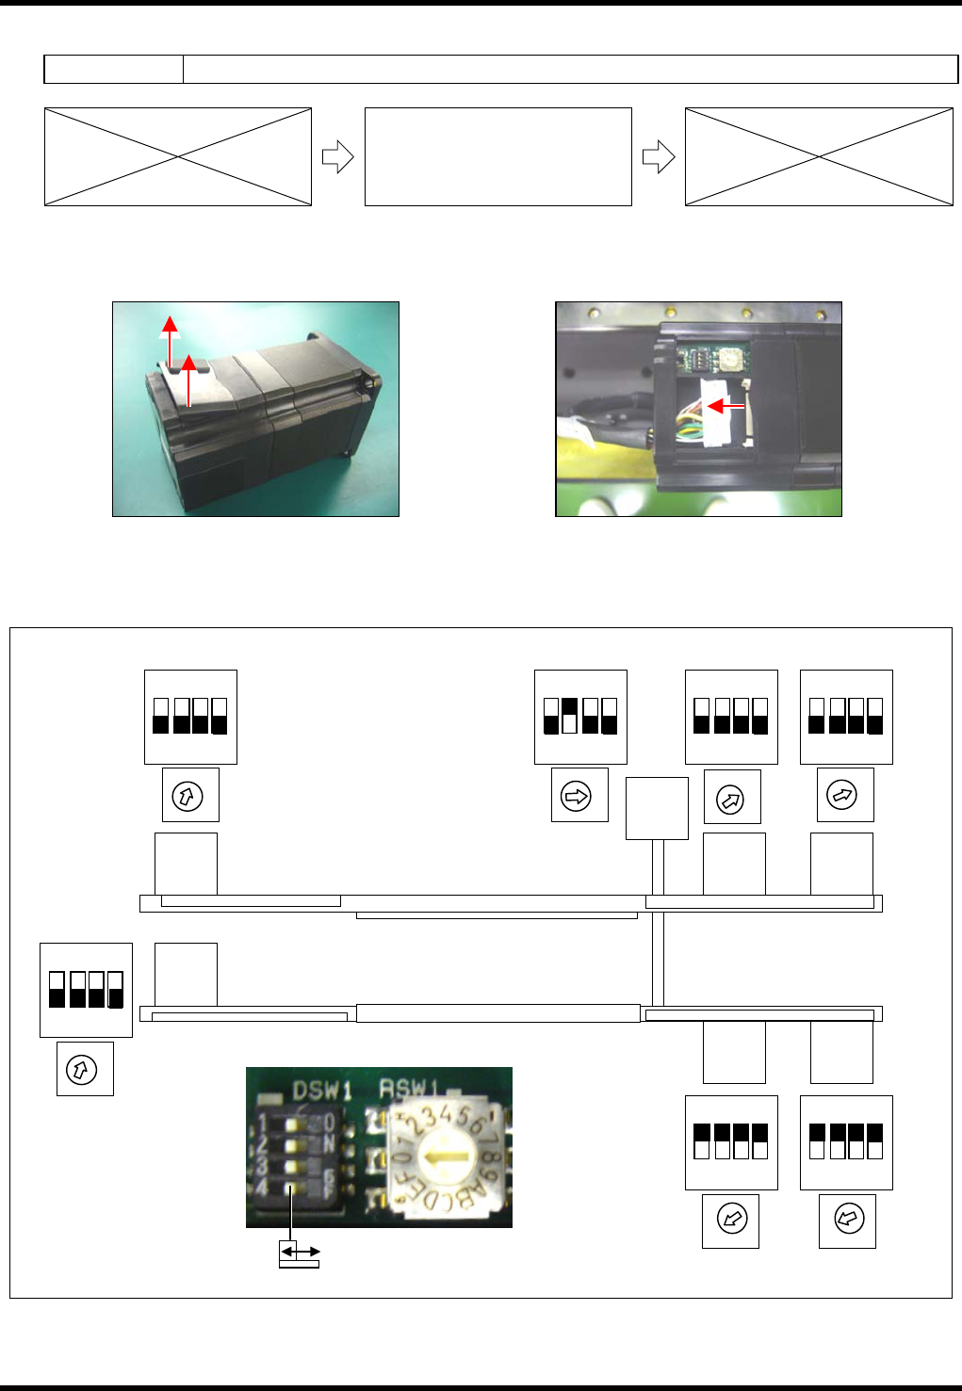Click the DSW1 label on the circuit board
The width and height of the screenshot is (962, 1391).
coord(322,1091)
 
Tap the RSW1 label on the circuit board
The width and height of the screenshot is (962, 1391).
coord(409,1088)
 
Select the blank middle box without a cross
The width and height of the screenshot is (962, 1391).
coord(497,156)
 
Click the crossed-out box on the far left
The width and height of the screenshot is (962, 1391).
coord(178,156)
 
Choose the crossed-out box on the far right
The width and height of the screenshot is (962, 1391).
coord(819,156)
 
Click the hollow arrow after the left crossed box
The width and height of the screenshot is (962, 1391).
coord(337,157)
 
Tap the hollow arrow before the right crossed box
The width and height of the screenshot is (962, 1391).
coord(658,157)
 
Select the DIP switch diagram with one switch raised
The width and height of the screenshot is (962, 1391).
coord(579,716)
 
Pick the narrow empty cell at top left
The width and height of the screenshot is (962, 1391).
coord(113,69)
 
